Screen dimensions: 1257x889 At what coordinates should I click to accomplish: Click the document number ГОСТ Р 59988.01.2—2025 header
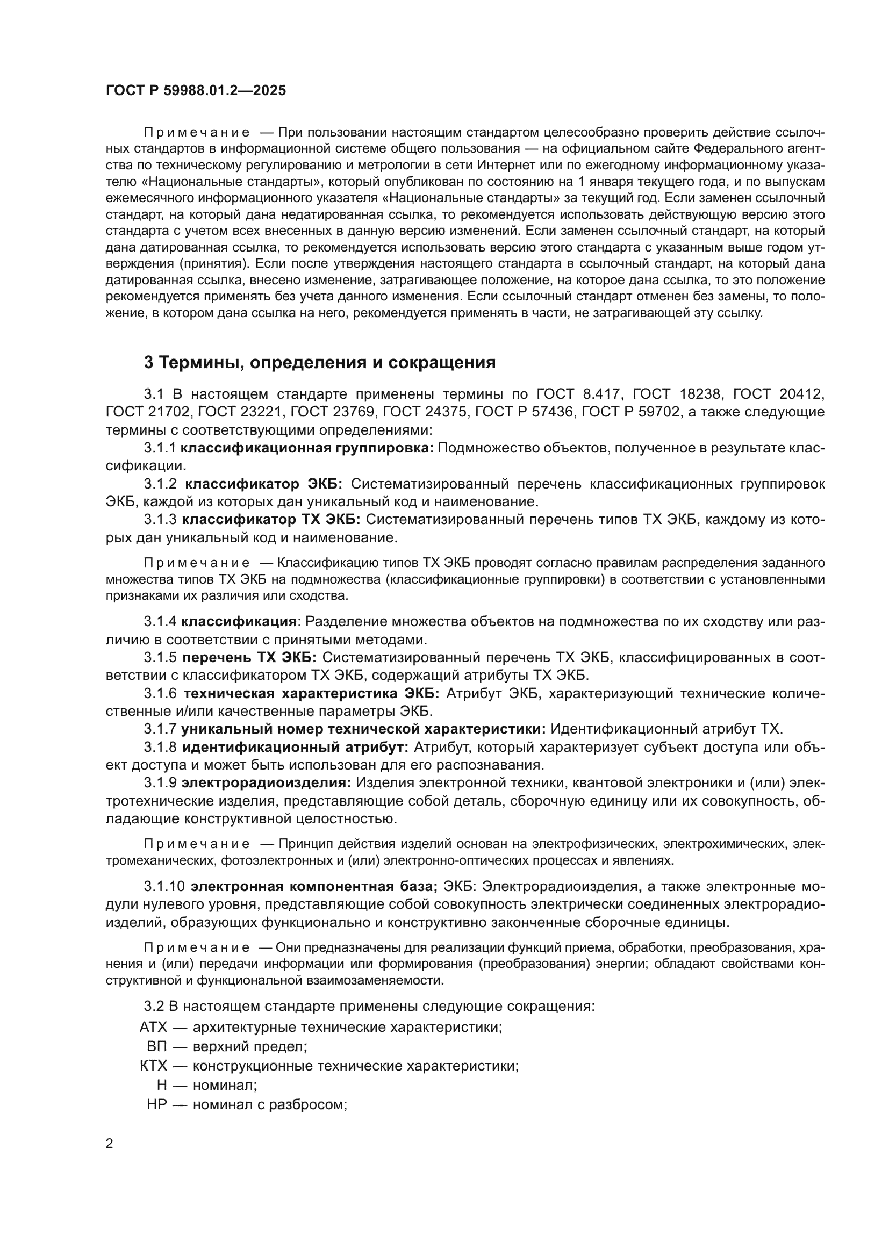click(196, 91)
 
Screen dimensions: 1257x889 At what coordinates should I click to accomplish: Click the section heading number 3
click(149, 362)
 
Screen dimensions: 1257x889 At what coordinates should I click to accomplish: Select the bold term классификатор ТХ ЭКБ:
click(271, 519)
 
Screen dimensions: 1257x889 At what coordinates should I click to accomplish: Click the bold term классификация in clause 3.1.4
click(239, 621)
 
